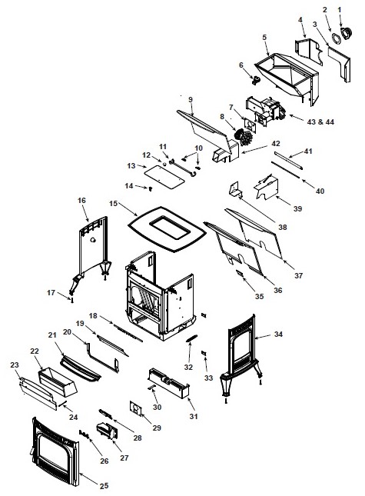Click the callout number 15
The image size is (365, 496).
click(114, 203)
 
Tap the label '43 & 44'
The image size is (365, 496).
click(320, 122)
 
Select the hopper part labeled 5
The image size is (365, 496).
click(287, 77)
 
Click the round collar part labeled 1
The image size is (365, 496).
click(347, 32)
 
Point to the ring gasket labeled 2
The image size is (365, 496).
click(337, 38)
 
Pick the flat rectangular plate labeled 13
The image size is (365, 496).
click(164, 177)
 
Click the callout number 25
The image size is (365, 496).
click(104, 485)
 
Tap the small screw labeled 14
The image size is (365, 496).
click(151, 188)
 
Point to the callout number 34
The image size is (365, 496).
click(278, 334)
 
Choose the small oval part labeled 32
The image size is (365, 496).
click(191, 338)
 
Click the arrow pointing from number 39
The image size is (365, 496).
click(284, 200)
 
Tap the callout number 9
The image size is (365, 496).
click(191, 100)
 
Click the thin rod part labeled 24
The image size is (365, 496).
click(62, 403)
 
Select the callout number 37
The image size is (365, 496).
click(298, 275)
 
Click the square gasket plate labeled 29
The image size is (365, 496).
click(136, 408)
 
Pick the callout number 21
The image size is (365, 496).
click(52, 335)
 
